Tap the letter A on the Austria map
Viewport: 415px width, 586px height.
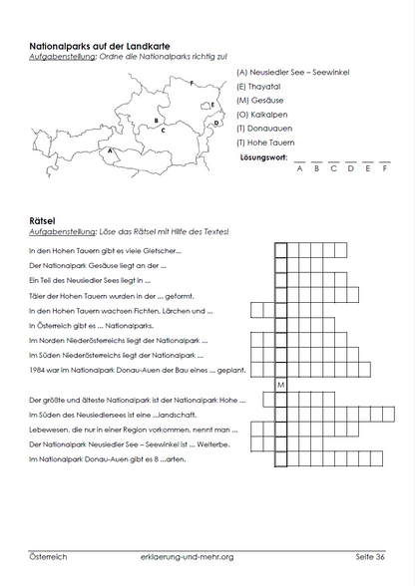pyautogui.click(x=110, y=150)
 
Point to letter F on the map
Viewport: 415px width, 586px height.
pyautogui.click(x=192, y=84)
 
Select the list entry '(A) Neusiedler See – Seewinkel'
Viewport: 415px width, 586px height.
pyautogui.click(x=295, y=73)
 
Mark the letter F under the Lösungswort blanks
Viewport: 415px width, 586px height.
pyautogui.click(x=384, y=168)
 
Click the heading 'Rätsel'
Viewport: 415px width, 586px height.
pyautogui.click(x=43, y=220)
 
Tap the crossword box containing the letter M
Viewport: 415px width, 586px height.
pyautogui.click(x=281, y=385)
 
